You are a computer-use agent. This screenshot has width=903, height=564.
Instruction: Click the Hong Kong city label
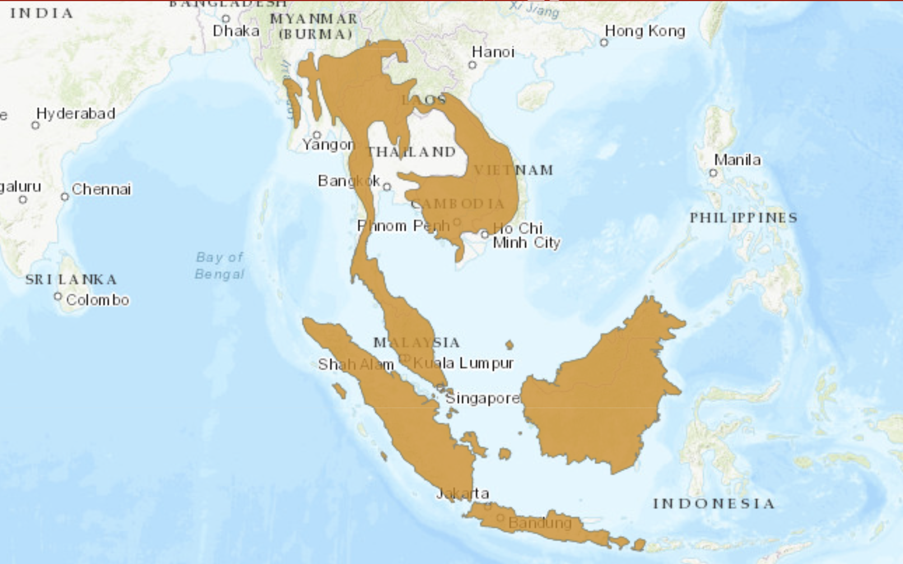(x=645, y=31)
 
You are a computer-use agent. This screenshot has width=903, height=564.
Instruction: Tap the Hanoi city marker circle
(x=472, y=65)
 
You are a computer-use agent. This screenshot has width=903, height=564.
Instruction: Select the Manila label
(x=737, y=160)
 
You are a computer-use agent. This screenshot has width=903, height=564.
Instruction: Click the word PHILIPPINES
(x=743, y=218)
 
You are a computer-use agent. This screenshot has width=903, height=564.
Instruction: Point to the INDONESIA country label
(x=714, y=503)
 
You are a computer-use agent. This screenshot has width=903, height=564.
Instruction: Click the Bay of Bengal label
(x=220, y=266)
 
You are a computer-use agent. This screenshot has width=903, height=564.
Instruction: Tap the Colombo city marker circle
(x=58, y=296)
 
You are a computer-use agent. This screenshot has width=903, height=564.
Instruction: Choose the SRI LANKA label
(x=71, y=279)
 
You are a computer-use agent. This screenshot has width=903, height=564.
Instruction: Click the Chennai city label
(x=101, y=189)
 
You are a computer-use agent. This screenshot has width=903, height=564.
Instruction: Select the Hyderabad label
(x=76, y=114)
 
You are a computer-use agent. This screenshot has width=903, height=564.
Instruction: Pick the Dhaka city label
(x=236, y=31)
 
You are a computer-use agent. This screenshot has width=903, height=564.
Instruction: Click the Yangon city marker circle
(x=317, y=135)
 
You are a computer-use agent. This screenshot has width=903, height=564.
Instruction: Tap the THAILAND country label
(x=412, y=152)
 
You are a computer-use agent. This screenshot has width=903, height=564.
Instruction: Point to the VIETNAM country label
(x=514, y=170)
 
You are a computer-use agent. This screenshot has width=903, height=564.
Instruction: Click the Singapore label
(x=482, y=399)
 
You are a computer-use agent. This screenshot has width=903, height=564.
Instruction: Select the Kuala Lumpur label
(x=463, y=363)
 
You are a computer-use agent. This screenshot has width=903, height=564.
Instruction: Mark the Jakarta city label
(x=463, y=493)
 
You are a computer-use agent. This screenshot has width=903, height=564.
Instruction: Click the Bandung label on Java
(x=539, y=523)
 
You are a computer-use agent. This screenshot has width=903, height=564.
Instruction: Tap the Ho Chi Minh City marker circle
(x=485, y=234)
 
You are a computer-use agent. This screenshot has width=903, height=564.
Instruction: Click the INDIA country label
(x=41, y=13)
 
